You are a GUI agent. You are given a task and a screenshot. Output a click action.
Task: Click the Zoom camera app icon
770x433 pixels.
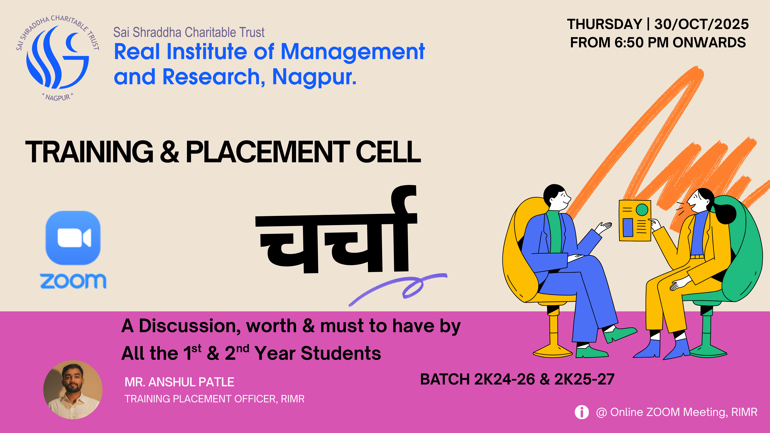coord(73,238)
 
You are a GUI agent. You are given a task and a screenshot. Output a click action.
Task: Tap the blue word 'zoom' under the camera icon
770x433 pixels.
coord(73,281)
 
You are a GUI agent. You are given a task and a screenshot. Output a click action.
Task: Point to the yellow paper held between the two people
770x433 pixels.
coord(635,221)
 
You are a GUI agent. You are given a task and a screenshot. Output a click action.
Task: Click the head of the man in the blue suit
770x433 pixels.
coord(557,197)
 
